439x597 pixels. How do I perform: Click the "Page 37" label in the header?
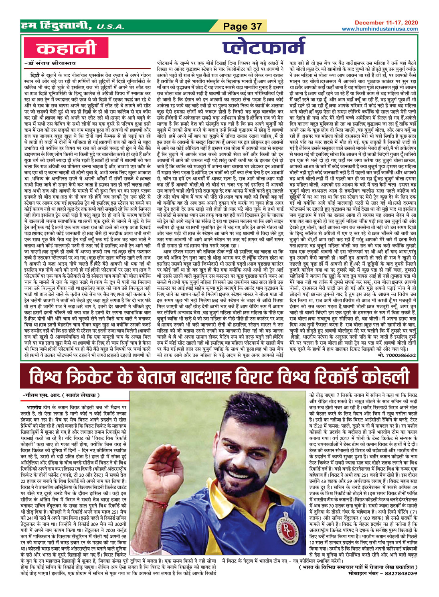[243, 26]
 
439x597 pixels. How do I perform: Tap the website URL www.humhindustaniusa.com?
[380, 29]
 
